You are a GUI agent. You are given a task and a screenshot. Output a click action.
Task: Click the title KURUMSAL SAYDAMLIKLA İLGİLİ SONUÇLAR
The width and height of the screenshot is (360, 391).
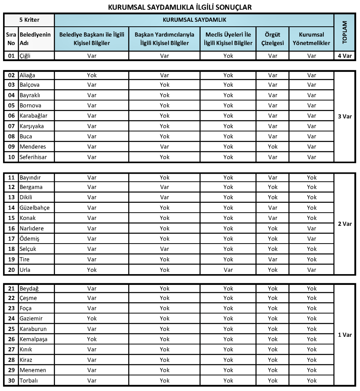[x=180, y=7]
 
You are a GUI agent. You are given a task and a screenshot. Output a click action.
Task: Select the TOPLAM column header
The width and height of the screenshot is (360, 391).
[x=345, y=32]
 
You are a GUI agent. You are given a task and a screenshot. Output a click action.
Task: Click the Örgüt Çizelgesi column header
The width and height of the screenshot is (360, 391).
[x=273, y=39]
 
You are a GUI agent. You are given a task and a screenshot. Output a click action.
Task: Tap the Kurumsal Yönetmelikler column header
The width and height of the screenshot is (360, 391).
[x=312, y=39]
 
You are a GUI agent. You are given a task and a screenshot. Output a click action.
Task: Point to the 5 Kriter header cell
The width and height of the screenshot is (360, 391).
[x=29, y=20]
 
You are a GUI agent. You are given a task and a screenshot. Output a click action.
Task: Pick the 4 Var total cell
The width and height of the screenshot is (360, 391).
[x=345, y=56]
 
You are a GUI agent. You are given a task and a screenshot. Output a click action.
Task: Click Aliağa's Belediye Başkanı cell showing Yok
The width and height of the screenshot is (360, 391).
[x=92, y=75]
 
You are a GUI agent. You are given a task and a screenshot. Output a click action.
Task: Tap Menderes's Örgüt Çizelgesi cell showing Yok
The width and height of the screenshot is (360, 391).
[x=273, y=147]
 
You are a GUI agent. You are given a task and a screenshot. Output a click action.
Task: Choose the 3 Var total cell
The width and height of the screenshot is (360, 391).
[x=345, y=116]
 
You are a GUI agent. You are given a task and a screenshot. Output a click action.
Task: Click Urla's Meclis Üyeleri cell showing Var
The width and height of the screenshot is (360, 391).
[x=228, y=270]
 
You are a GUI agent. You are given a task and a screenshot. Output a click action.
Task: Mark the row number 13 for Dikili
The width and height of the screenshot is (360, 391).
[x=11, y=197]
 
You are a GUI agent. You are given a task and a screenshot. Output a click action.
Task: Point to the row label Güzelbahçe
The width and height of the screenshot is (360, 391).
[x=34, y=208]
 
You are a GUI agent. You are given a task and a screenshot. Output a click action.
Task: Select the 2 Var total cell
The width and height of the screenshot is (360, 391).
[x=345, y=224]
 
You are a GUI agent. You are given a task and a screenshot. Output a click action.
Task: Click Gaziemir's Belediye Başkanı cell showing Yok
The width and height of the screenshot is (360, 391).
[x=92, y=318]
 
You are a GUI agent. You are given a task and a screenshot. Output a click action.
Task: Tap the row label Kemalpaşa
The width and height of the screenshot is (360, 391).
[x=34, y=339]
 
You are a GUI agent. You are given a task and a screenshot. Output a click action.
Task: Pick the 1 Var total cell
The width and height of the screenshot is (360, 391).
[x=345, y=335]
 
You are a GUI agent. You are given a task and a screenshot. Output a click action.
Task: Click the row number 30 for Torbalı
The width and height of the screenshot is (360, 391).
[x=11, y=380]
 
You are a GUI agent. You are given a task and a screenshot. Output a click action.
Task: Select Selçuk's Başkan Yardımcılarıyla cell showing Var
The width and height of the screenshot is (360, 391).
[x=164, y=249]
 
